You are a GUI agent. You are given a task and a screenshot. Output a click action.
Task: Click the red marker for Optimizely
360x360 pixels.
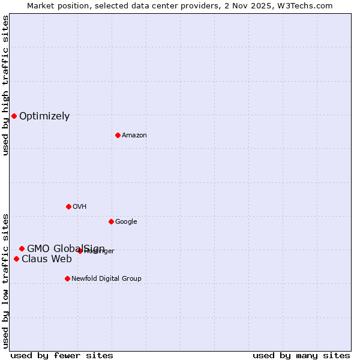(x=14, y=116)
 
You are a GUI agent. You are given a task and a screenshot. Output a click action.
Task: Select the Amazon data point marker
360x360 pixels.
(x=118, y=135)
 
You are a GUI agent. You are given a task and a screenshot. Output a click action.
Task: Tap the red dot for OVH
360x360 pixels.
(x=68, y=206)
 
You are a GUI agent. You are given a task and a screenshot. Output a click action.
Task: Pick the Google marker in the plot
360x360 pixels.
(x=111, y=221)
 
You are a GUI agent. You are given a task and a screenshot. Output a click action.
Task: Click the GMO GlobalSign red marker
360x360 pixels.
(x=22, y=248)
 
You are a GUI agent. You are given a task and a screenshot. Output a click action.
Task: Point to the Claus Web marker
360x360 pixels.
(x=16, y=259)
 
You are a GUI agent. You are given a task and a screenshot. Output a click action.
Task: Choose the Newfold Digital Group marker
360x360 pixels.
(x=67, y=278)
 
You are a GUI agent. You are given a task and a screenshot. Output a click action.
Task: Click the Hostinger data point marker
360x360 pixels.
(x=80, y=251)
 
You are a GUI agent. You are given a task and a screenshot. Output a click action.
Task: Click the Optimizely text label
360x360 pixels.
(x=44, y=116)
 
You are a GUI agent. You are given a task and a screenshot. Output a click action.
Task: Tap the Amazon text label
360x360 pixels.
(x=134, y=136)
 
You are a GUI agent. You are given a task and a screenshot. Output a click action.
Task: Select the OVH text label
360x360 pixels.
(x=80, y=207)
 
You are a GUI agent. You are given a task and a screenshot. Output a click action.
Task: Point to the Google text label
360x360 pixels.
(x=126, y=222)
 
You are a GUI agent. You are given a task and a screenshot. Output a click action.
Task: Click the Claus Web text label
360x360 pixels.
(x=47, y=259)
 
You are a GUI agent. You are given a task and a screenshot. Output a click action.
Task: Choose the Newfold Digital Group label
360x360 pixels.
(x=106, y=279)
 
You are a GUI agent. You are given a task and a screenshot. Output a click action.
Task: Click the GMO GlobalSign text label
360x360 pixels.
(x=66, y=248)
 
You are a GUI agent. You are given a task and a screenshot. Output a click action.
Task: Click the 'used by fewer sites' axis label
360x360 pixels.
(x=62, y=355)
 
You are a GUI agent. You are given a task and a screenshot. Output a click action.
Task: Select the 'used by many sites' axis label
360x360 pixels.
(x=301, y=355)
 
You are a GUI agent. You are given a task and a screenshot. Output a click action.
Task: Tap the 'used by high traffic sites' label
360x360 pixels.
(x=5, y=85)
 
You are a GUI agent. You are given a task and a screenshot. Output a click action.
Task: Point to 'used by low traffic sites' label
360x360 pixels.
(x=5, y=281)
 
